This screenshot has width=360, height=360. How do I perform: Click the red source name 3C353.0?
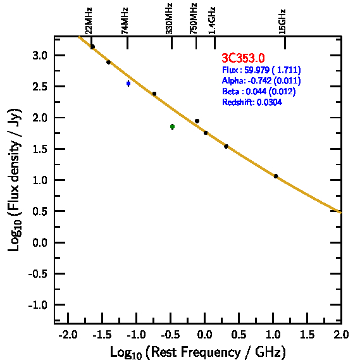point(243,58)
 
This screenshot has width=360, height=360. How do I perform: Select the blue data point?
point(128,84)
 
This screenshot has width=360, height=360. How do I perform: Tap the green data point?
point(173,127)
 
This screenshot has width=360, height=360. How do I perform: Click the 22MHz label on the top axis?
point(89,21)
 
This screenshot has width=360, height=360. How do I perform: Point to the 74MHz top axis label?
point(124,21)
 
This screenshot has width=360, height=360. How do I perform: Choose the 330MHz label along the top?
point(169,19)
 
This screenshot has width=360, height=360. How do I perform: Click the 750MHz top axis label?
point(194,19)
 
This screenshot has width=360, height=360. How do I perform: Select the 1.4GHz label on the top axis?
point(212,21)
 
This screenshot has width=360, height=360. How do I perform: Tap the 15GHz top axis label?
point(282,22)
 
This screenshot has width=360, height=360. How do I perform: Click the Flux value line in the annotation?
point(261,70)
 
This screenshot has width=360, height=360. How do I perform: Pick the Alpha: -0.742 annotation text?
point(261,80)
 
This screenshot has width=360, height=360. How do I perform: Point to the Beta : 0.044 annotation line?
point(259,91)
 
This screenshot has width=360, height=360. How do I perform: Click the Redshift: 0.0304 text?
point(252,102)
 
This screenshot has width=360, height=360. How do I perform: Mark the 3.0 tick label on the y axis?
point(40,56)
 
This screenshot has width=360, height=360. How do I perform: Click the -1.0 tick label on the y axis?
point(38,305)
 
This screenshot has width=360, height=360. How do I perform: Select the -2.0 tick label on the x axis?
point(68,335)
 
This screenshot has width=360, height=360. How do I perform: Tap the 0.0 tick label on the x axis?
point(204,335)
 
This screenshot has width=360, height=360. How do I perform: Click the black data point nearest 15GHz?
point(276,176)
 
